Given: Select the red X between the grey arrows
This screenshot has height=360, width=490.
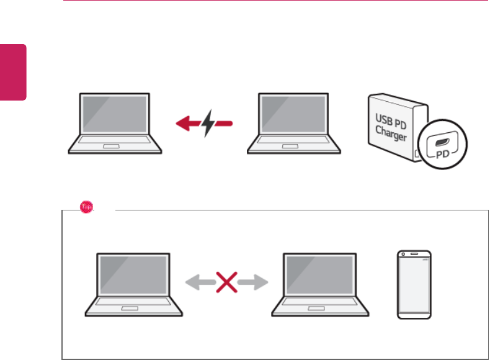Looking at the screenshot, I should pos(226,283).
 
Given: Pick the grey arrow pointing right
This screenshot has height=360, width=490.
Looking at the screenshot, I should pos(254,283).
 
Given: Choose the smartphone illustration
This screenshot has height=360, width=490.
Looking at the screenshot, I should pos(415,285).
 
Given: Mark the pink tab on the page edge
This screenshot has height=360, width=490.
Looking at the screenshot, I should pos(13,72).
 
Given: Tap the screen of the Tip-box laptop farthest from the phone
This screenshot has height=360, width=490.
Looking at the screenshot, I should pos(133,275).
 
